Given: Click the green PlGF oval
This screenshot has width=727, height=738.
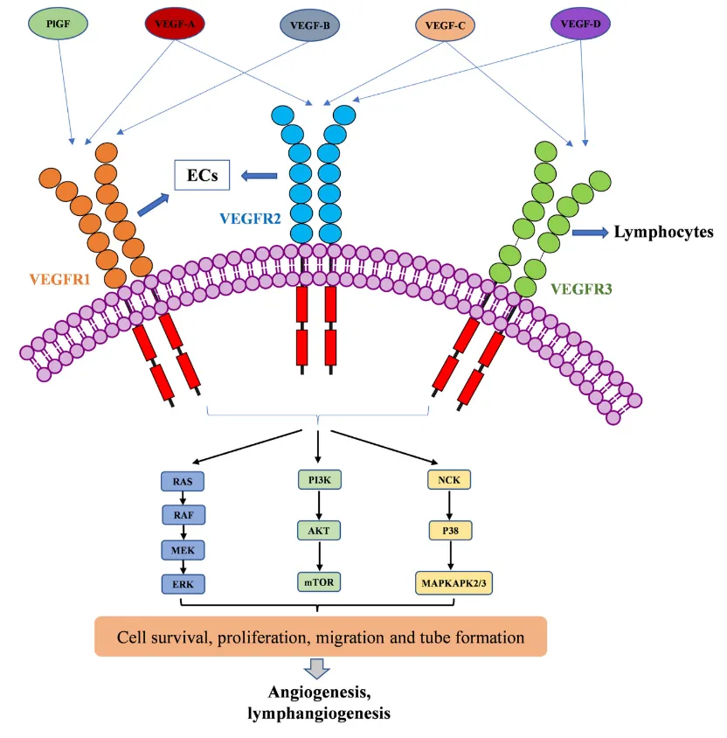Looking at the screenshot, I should (59, 24).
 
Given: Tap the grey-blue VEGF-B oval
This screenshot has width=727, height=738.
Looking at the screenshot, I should (310, 25).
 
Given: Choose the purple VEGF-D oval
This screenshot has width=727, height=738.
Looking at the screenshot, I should (581, 24).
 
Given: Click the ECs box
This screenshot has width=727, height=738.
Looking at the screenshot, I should (202, 176).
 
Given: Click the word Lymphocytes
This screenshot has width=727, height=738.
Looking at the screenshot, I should (664, 233).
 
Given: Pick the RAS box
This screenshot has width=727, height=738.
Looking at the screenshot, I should (183, 481).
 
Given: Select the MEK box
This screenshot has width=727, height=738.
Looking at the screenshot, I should (183, 550).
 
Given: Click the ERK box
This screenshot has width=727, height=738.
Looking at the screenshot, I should (183, 583).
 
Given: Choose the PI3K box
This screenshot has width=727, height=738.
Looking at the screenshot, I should (317, 479).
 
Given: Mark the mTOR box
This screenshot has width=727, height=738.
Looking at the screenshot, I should (317, 582).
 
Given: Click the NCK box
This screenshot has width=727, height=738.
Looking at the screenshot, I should (449, 479).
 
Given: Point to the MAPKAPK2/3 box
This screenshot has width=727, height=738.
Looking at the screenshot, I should (449, 583).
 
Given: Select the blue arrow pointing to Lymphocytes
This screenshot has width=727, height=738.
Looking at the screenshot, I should (590, 233).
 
